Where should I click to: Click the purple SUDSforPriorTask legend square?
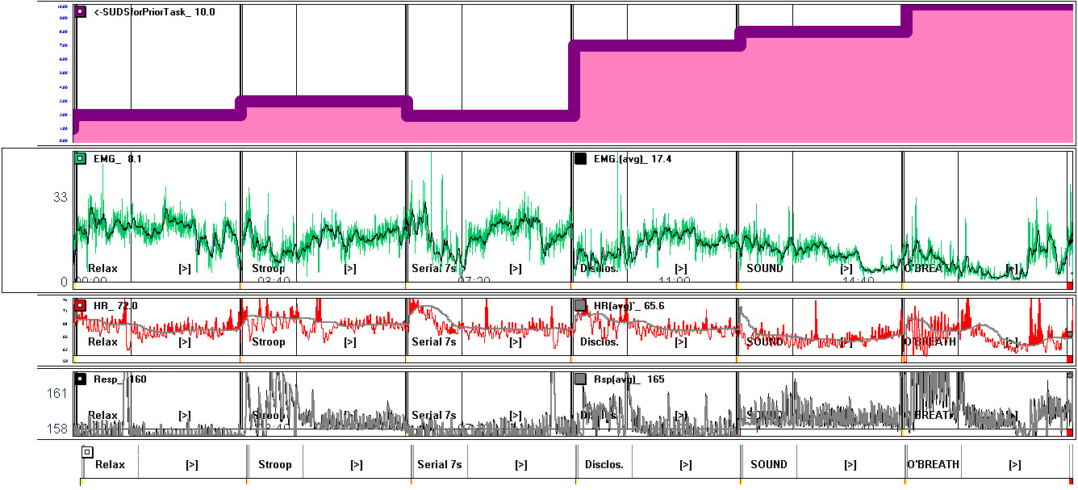pos(80,12)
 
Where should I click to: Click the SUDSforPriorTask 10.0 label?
pos(154,12)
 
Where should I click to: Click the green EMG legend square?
pos(80,159)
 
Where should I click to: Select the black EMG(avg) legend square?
pos(580,159)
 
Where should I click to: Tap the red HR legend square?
pos(80,306)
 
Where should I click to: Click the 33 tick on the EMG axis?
pos(60,197)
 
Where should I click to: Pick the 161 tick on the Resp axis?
pos(56,394)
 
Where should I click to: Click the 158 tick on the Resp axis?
pos(56,429)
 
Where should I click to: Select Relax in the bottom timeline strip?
pos(110,465)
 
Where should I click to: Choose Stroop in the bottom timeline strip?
pos(274,465)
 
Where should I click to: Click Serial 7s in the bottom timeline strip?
pos(439,465)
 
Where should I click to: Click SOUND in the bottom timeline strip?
pos(768,465)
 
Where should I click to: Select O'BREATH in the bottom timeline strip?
pos(933,465)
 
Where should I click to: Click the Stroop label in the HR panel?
pos(268,342)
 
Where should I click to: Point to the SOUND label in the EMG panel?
pos(764,269)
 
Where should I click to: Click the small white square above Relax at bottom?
pos(87,453)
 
